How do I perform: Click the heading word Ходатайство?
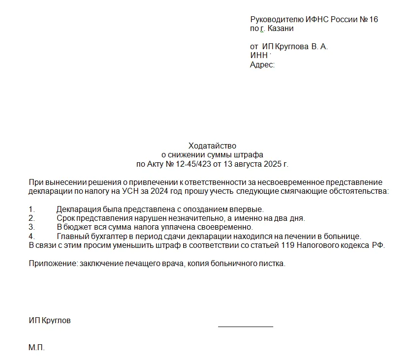[212, 146]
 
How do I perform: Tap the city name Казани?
[281, 29]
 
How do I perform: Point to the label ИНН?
[258, 56]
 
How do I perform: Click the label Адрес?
[262, 64]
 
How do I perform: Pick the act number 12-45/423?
[194, 164]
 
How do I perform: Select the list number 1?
[32, 210]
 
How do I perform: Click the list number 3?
[32, 227]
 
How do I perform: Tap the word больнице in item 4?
[345, 236]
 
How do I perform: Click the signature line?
[245, 326]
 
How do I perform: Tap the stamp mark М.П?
[36, 348]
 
